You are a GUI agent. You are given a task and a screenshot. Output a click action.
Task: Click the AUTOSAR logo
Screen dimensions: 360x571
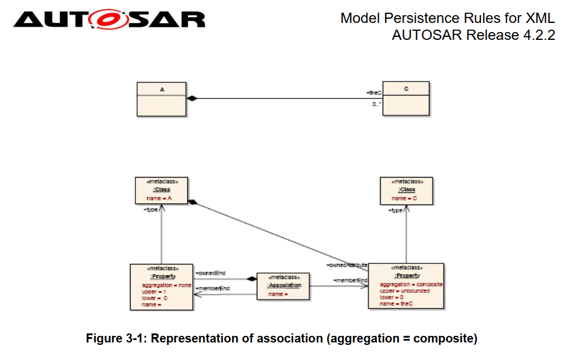(x=109, y=19)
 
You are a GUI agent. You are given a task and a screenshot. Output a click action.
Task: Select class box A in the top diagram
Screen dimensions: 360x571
(x=161, y=98)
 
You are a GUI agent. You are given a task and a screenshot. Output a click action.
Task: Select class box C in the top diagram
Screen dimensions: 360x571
(x=405, y=98)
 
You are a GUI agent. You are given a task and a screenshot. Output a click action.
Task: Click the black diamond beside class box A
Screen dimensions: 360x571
(x=192, y=98)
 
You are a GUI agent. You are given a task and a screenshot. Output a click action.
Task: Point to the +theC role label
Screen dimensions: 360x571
(x=374, y=92)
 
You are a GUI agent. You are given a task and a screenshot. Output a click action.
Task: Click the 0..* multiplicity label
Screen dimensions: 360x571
(x=376, y=104)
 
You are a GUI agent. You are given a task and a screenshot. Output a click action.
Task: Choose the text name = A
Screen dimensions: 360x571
(x=160, y=198)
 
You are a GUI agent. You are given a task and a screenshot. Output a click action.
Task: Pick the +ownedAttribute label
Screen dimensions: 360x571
(x=347, y=265)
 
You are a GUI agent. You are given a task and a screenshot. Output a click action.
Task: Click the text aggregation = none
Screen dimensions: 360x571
(x=166, y=285)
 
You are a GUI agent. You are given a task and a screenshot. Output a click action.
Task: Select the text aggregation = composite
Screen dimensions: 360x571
(x=411, y=284)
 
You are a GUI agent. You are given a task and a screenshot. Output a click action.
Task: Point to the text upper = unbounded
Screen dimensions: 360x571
(x=404, y=291)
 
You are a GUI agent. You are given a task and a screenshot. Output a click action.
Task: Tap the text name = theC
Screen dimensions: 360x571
(x=396, y=304)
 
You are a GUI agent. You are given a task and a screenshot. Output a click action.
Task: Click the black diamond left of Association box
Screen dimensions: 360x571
(x=251, y=279)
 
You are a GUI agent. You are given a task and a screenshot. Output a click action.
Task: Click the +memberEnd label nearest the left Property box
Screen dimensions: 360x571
(x=213, y=289)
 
